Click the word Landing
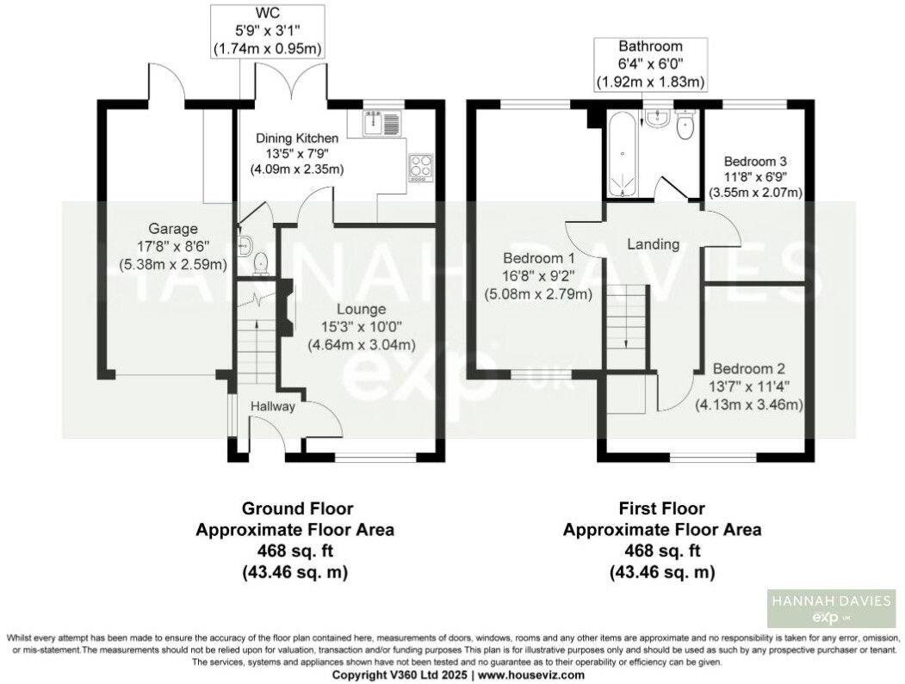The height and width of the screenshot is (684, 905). [x=652, y=244]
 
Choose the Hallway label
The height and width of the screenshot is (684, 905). [x=274, y=406]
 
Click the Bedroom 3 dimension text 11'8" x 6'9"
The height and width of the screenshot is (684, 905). [x=755, y=177]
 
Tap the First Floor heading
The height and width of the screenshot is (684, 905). [x=661, y=508]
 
